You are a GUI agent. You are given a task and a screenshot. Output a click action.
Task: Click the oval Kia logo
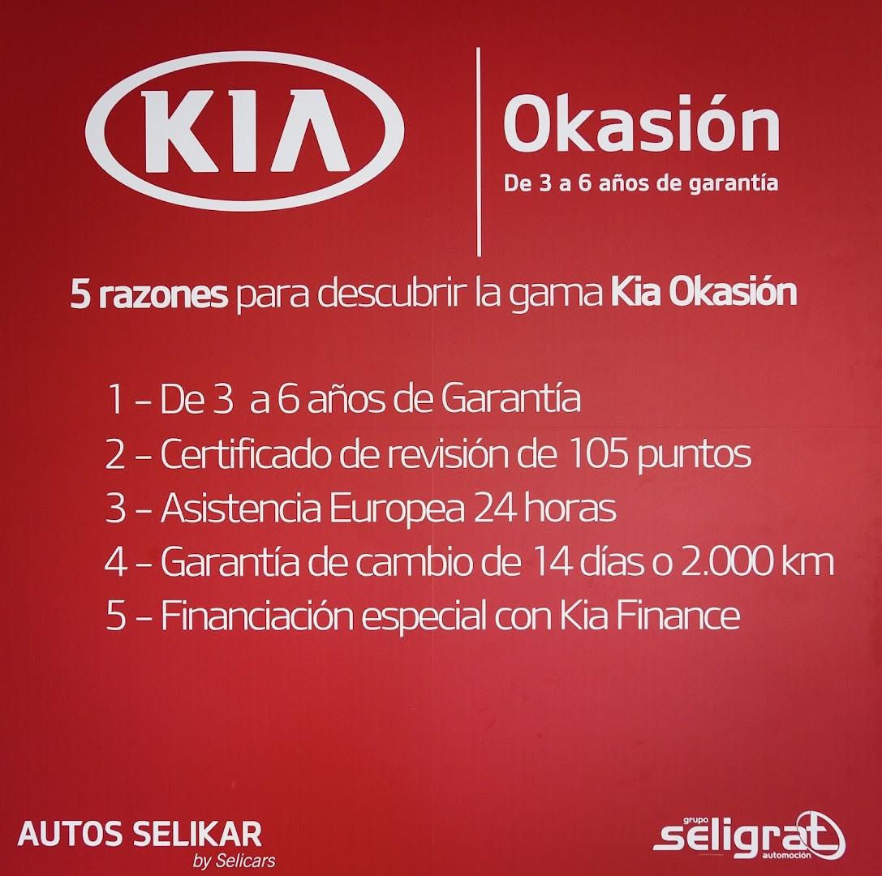point(245,131)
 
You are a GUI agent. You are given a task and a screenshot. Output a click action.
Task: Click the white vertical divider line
point(479,152)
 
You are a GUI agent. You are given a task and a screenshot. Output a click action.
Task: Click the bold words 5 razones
point(149,294)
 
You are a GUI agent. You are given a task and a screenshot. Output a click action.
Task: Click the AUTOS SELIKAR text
point(140,835)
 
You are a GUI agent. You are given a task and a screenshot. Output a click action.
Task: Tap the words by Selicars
point(234,861)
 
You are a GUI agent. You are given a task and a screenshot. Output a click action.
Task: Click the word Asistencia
point(241,508)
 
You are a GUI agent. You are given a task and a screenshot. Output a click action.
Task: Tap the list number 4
point(115,562)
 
